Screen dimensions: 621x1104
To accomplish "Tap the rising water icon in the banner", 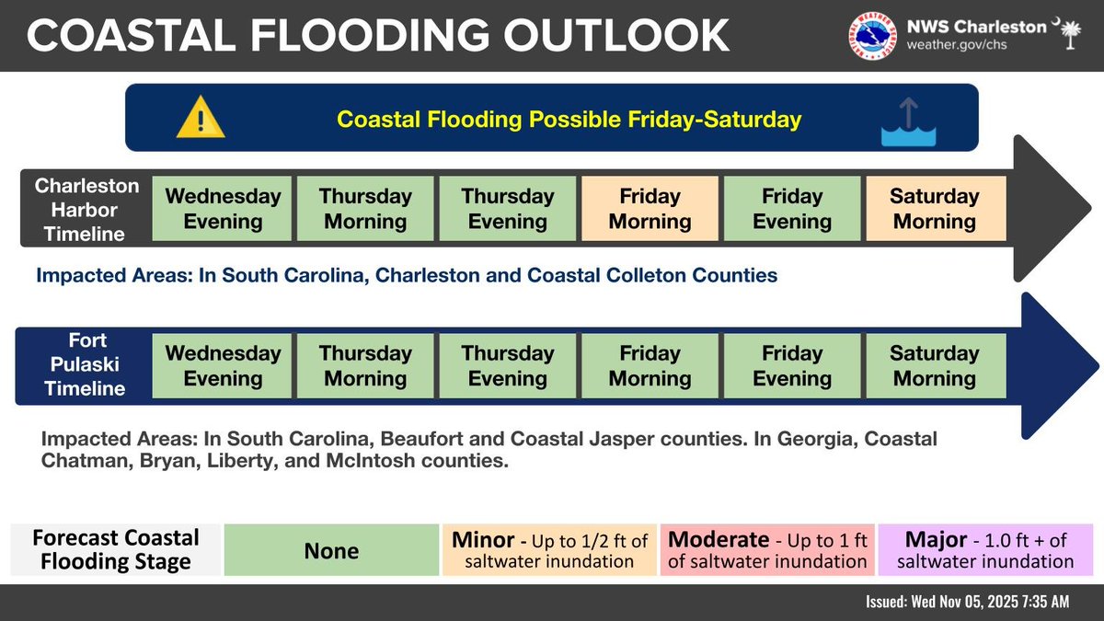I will [x=907, y=124].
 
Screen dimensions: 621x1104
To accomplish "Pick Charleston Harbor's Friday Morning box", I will [x=650, y=209].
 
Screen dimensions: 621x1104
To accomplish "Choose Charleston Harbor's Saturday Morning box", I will [x=936, y=209].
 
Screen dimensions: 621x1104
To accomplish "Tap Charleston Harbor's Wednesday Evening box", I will [x=222, y=209].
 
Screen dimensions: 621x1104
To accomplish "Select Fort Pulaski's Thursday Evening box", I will [x=508, y=365].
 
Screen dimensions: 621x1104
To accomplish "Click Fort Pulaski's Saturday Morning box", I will [x=936, y=365].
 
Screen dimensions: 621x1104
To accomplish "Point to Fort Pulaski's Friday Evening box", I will [x=792, y=365].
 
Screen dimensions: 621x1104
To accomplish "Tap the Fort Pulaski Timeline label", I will [x=85, y=365].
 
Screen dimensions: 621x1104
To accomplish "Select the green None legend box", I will [x=331, y=550].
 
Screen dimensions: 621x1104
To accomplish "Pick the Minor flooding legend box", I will [x=549, y=550].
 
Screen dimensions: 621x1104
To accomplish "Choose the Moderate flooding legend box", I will [x=767, y=550].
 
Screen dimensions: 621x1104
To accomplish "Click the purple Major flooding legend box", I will [x=985, y=550].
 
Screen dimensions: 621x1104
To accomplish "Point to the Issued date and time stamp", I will [x=967, y=602].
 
